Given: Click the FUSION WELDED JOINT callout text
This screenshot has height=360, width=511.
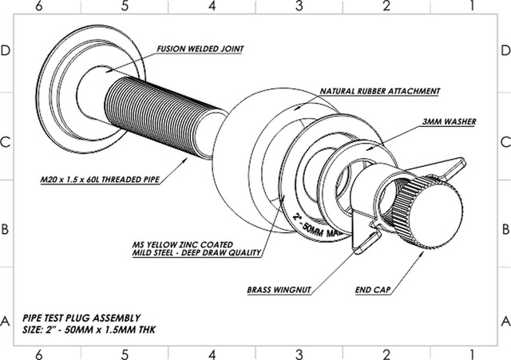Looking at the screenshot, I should [x=200, y=49].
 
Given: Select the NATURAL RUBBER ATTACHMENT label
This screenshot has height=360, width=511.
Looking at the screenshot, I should [x=381, y=92].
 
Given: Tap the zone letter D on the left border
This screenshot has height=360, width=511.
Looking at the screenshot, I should [x=6, y=50].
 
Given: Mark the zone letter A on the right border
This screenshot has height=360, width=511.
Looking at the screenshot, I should [x=505, y=322].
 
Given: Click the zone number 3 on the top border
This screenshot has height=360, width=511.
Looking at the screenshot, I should [x=299, y=6].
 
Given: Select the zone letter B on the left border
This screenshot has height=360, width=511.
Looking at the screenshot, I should [x=6, y=228].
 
